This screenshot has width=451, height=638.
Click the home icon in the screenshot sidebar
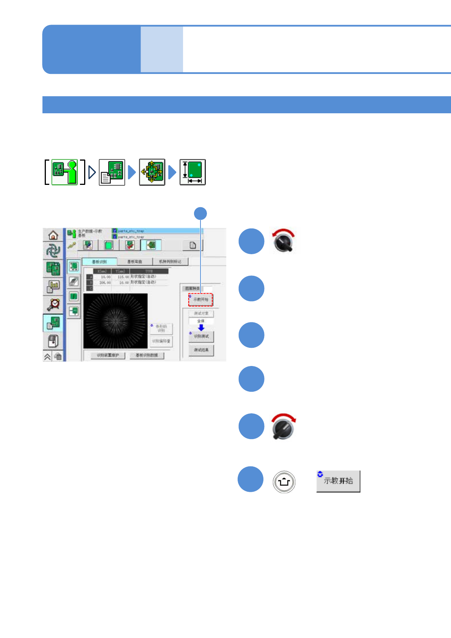(53, 235)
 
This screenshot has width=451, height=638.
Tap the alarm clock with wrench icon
(53, 303)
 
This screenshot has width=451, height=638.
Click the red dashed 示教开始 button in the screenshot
(200, 299)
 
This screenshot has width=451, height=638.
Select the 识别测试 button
(201, 336)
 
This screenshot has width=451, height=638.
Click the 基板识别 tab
(99, 261)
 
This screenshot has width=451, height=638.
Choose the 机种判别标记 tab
(170, 261)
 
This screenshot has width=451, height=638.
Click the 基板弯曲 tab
(135, 261)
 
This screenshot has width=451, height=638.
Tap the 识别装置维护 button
(108, 355)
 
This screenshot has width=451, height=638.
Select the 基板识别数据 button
(147, 355)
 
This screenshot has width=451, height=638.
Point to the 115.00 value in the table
(123, 277)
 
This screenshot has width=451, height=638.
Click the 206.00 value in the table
(105, 283)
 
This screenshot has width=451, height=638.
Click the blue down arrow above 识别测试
(201, 328)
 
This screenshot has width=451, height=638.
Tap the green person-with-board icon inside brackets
(64, 172)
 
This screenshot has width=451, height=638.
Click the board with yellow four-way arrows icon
(152, 172)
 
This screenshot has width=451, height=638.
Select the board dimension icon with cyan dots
(193, 172)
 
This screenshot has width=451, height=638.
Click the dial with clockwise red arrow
(283, 427)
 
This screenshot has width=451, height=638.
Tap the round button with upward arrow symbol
(284, 482)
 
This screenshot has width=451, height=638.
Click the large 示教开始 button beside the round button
(338, 481)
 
